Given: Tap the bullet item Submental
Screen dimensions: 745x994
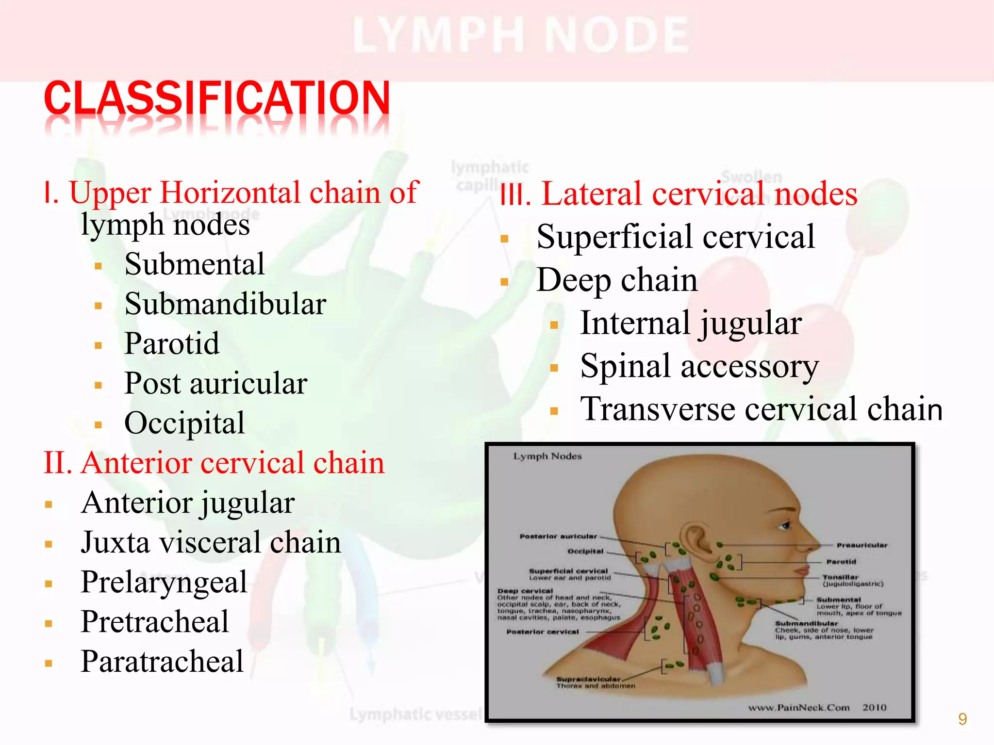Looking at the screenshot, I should click(x=194, y=264).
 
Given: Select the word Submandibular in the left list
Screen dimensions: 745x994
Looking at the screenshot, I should click(x=225, y=304).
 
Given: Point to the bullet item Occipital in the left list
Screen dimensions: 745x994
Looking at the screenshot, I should click(x=184, y=423).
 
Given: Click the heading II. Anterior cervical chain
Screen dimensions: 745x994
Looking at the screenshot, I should click(x=214, y=463).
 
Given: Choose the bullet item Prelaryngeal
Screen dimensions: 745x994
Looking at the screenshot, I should click(x=164, y=582).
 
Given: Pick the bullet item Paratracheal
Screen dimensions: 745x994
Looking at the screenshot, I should click(x=162, y=662).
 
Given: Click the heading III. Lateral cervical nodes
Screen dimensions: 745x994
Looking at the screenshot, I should click(x=679, y=194).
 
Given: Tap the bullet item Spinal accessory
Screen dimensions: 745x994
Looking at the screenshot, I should click(x=699, y=366).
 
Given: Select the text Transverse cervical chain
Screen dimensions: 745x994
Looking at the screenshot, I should click(x=761, y=409).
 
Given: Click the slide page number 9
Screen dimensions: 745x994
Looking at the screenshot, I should click(x=962, y=719).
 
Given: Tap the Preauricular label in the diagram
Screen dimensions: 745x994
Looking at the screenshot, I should click(x=861, y=545).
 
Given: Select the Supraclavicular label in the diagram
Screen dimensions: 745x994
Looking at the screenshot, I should click(x=588, y=679).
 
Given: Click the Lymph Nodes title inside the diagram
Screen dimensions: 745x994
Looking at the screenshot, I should click(x=547, y=456).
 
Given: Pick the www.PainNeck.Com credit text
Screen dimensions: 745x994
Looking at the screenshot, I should click(x=799, y=707).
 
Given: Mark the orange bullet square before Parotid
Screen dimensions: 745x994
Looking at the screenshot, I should click(x=99, y=346).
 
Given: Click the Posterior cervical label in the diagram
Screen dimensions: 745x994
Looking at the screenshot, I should click(x=543, y=632).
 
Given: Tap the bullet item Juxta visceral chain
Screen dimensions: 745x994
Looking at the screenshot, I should click(x=211, y=542).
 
